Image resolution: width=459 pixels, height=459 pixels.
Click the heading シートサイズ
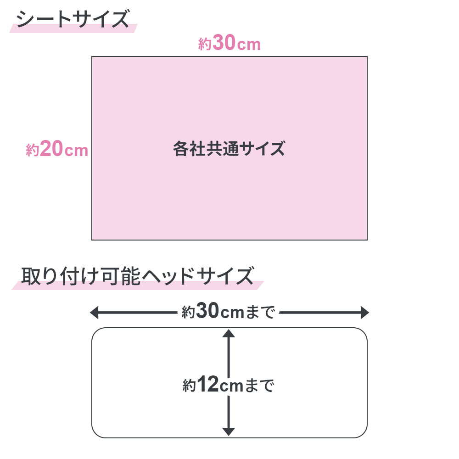pos(73,19)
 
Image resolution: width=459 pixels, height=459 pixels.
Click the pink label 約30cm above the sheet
pos(229,43)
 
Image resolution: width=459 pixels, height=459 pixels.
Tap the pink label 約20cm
pos(57,149)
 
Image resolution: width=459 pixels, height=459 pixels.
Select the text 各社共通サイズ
pos(229,148)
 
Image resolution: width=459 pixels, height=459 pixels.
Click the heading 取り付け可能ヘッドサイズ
pos(137,276)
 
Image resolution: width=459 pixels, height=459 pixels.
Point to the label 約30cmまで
pos(228,311)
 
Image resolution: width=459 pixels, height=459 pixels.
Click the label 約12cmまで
pos(228,385)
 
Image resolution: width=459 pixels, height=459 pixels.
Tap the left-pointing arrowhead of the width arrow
pos(94,312)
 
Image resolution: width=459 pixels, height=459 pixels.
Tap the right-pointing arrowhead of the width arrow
pos(364,312)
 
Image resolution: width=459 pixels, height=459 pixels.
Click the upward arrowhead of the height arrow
pos(228,333)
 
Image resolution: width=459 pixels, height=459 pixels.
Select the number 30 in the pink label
pos(224,43)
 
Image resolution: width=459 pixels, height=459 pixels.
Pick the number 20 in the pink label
pos(51,148)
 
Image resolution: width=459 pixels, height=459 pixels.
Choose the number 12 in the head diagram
pos(208,384)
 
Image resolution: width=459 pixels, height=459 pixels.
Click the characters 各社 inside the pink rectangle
pos(189,148)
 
